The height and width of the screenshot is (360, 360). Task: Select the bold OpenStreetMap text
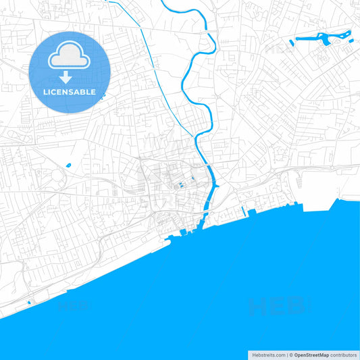311,355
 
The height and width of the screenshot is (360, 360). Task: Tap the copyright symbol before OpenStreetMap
291,355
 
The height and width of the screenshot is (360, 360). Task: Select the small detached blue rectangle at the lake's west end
292,42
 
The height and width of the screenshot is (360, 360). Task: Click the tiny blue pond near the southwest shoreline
29,302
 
